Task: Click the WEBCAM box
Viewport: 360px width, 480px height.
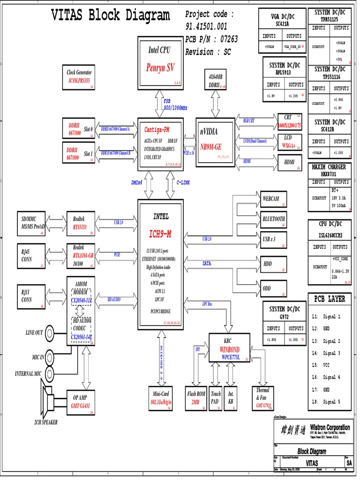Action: click(x=273, y=199)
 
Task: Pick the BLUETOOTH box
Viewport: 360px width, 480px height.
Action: click(x=273, y=219)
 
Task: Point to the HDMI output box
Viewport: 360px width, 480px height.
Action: click(x=289, y=162)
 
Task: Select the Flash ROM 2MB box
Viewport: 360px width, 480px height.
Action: click(x=196, y=398)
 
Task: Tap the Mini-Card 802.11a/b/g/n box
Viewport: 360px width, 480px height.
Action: click(x=160, y=398)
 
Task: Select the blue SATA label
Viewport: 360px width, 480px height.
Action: click(x=207, y=263)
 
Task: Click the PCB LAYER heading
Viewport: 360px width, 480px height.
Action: click(x=330, y=299)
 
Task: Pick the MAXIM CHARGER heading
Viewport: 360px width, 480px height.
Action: click(x=329, y=167)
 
